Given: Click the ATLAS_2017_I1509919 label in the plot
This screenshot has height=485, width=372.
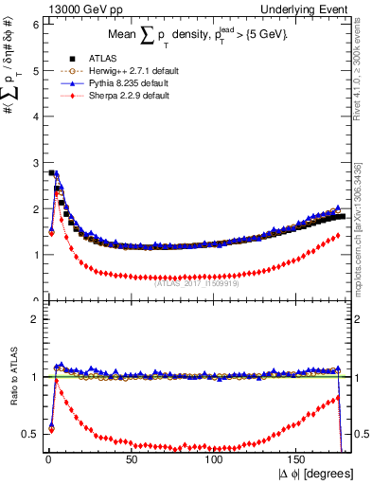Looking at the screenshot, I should tap(197, 283).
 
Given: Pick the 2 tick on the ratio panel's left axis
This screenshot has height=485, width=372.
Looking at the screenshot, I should tap(35, 319).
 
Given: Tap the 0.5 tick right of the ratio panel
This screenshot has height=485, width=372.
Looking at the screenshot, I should tap(361, 434).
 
